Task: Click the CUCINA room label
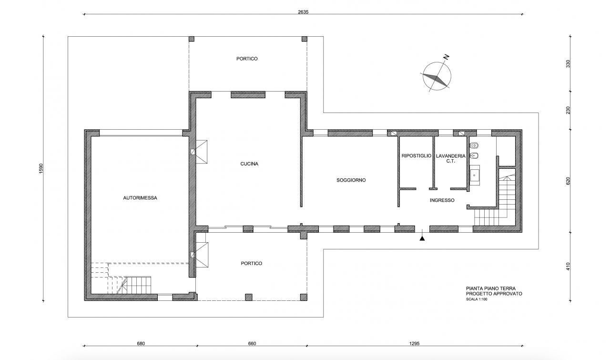(x=249, y=164)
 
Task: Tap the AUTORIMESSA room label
(x=140, y=198)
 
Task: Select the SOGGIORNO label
(x=351, y=180)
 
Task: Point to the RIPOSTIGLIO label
(x=417, y=156)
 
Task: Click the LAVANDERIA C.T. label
(x=451, y=158)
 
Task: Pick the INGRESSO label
(x=442, y=200)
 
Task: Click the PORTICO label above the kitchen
(x=247, y=59)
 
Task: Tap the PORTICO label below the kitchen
(x=251, y=263)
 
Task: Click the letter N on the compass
(x=446, y=57)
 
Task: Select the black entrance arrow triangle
(x=422, y=239)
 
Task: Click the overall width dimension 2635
(x=303, y=12)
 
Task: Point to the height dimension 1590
(x=41, y=168)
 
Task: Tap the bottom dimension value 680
(x=141, y=343)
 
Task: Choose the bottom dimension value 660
(x=252, y=343)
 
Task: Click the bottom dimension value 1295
(x=414, y=343)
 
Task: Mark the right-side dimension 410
(x=568, y=267)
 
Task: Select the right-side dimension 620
(x=568, y=181)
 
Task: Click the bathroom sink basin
(x=475, y=175)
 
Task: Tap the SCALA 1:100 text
(x=477, y=299)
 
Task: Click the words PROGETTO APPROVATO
(x=494, y=294)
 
